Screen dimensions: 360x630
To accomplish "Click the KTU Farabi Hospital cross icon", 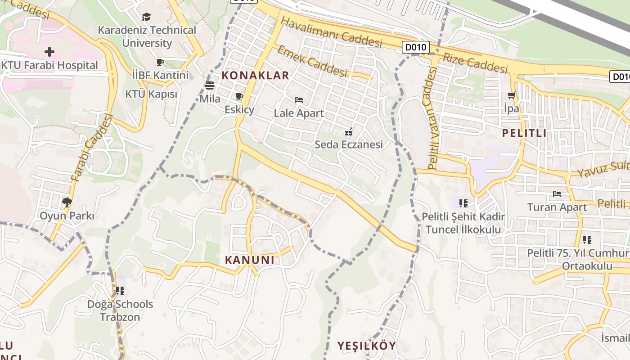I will (x=49, y=52).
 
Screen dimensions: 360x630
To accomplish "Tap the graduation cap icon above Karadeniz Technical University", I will (x=147, y=17).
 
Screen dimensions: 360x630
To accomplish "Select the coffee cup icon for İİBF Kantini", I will (x=160, y=62).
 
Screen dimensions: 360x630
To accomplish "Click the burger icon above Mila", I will (x=210, y=85).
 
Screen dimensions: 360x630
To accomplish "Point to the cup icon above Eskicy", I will (x=239, y=97).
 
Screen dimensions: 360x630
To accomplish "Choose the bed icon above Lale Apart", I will (x=299, y=99).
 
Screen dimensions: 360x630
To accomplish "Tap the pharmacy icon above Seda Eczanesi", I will (x=348, y=132).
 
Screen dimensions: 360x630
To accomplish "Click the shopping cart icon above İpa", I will (x=511, y=95).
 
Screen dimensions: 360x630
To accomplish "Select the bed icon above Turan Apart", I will (x=557, y=194).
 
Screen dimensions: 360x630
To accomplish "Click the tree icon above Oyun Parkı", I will (x=67, y=202).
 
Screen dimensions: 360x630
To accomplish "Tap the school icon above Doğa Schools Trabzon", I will (x=120, y=291).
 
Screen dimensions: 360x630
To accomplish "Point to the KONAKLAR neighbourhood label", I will (x=256, y=75).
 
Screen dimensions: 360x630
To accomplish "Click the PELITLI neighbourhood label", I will (x=524, y=133).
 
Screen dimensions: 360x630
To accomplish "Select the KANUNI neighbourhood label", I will (x=249, y=260).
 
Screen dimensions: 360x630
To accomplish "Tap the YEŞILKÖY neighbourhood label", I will (x=367, y=346).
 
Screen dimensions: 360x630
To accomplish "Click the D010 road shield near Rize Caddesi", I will (x=416, y=47).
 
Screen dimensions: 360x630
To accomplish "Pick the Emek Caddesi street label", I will (x=312, y=61).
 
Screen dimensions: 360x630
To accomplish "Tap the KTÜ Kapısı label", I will (x=151, y=94).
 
